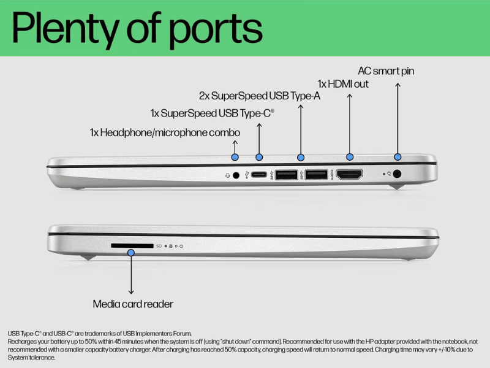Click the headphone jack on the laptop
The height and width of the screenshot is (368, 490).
pos(236,175)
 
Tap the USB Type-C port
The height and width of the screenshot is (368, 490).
pos(259,174)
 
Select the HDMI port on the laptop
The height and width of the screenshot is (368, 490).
pos(349,174)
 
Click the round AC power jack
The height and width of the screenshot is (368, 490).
pos(397,174)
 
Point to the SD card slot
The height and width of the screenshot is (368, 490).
pos(132,246)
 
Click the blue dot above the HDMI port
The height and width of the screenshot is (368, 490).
pos(350,157)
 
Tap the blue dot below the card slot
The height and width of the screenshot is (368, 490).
pos(131,253)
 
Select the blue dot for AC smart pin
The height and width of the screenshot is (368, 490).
pos(398,157)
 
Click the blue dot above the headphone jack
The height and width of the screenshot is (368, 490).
pos(235,157)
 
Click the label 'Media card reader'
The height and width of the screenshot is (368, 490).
pos(133,304)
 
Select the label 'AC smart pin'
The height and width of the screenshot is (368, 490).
pos(386,71)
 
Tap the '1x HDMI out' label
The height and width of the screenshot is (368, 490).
pos(343,84)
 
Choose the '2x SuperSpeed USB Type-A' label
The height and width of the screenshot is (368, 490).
pos(260,96)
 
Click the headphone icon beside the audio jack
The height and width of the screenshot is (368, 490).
pos(227,175)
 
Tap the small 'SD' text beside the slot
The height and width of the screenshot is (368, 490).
pos(159,246)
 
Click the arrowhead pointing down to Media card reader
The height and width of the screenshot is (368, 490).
pos(131,292)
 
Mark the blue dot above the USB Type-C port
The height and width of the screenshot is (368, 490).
pos(259,157)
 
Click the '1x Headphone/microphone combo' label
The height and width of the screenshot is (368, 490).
pos(165,132)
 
